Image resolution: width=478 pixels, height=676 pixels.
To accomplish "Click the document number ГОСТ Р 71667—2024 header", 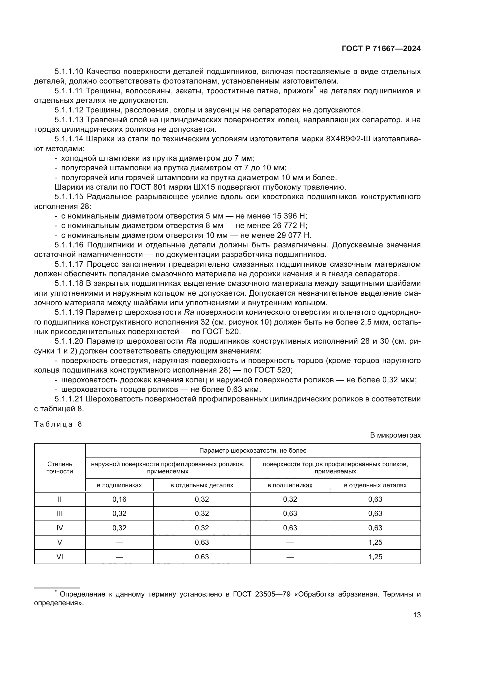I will pyautogui.click(x=381, y=49).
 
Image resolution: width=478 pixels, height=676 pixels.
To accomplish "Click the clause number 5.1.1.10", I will pyautogui.click(x=69, y=72).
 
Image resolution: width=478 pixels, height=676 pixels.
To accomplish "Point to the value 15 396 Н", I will pyautogui.click(x=290, y=216).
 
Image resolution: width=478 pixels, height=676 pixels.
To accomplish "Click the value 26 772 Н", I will pyautogui.click(x=290, y=225).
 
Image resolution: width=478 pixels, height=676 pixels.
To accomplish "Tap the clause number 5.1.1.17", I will pyautogui.click(x=69, y=264).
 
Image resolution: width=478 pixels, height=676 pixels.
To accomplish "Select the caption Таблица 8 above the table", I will pyautogui.click(x=58, y=424).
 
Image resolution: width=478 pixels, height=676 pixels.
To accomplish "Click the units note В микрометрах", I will pyautogui.click(x=395, y=435).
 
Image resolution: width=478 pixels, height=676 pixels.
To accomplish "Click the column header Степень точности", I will pyautogui.click(x=60, y=468).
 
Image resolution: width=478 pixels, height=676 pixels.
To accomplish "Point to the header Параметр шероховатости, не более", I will pyautogui.click(x=253, y=451).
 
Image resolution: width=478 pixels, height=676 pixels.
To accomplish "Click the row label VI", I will pyautogui.click(x=60, y=557).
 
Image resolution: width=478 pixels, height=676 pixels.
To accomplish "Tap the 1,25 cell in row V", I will pyautogui.click(x=375, y=542).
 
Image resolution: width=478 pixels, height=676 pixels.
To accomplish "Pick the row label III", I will pyautogui.click(x=60, y=514).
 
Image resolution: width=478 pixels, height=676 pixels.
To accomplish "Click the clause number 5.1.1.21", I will pyautogui.click(x=69, y=399).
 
